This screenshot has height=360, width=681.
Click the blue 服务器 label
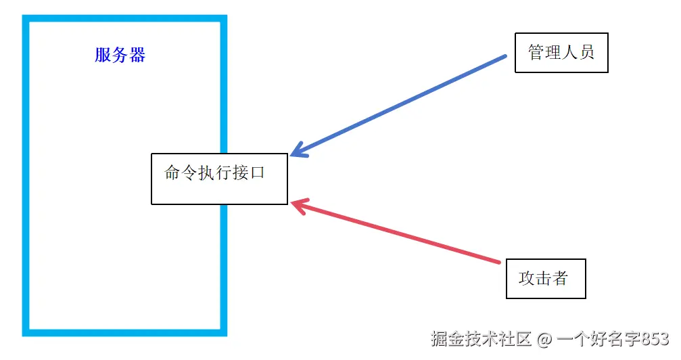point(120,55)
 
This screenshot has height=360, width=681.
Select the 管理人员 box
point(561,52)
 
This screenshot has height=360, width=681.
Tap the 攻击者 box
point(545,278)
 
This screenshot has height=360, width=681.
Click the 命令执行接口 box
point(219,179)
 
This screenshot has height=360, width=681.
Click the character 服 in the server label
point(103,55)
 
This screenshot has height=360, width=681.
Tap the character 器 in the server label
point(137,55)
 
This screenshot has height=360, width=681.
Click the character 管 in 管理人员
point(536,52)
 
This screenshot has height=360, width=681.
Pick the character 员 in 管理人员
point(586,52)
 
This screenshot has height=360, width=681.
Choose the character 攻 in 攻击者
point(527,278)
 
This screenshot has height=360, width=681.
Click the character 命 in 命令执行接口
point(173,173)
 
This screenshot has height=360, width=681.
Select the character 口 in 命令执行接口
point(257,173)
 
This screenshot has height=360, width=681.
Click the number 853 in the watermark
point(655,338)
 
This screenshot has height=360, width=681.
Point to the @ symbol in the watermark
point(544,338)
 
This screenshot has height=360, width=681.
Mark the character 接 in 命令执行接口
point(240,173)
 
